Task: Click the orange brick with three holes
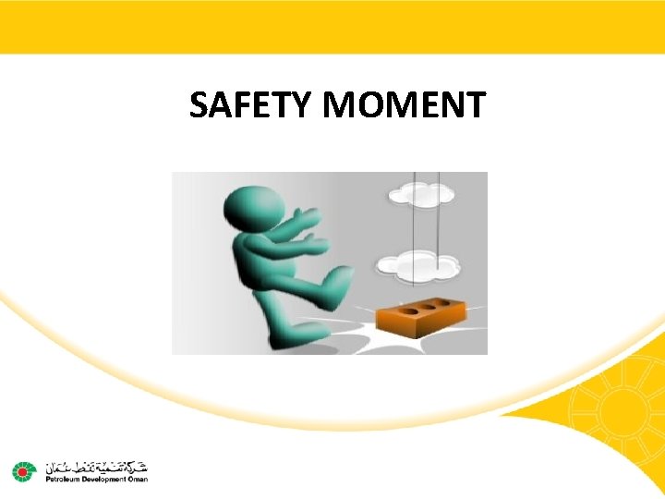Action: [x=426, y=312]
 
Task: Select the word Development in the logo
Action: [x=101, y=480]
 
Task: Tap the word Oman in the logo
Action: [x=137, y=480]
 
